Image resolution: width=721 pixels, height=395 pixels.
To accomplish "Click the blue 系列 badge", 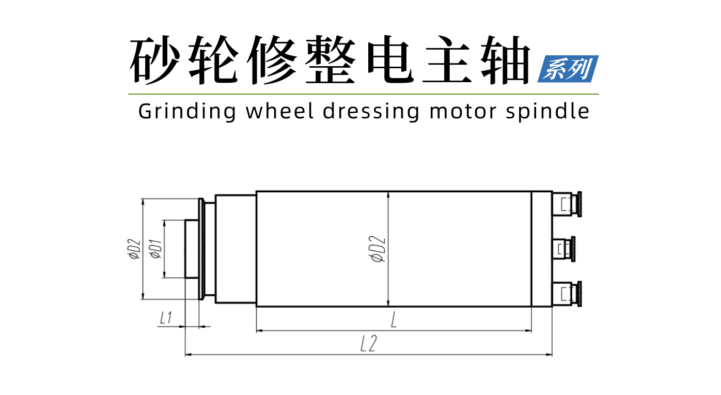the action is pos(568,69).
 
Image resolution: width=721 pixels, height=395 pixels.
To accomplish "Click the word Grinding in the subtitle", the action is pos(187,112).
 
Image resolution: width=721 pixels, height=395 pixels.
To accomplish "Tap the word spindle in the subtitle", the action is pos(547,112).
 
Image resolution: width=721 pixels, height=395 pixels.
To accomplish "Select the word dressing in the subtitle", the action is pos(371,112).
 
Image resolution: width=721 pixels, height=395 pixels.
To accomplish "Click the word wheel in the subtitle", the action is pos(279,111).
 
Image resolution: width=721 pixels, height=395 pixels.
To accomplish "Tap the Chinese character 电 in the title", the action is pos(390,60).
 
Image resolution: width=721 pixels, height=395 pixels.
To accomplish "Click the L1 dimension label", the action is pos(166,318).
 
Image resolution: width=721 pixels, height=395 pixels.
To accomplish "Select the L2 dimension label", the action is pos(368,343).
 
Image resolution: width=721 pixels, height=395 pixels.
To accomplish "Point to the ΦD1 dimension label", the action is pos(156,249).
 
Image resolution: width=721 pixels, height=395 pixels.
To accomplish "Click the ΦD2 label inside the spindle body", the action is pos(378,249).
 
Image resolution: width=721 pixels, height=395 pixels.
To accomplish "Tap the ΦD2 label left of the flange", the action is pos(134,249).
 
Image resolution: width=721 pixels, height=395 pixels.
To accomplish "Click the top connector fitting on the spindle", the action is pos(567,204).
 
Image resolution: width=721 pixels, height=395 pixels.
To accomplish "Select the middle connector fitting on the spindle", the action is pos(564,249).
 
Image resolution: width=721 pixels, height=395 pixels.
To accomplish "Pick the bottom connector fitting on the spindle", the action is pos(567,294).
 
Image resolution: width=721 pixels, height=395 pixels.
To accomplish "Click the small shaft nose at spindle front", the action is pos(192,249).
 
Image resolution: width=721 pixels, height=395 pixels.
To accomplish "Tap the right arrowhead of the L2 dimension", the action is pos(549,355).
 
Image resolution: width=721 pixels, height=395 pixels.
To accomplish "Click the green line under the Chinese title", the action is pos(364,94).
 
